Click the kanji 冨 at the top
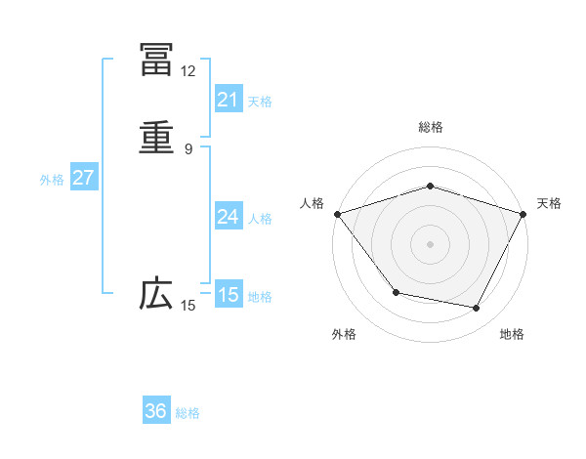(x=156, y=60)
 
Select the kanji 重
(x=156, y=138)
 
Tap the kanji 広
(x=156, y=294)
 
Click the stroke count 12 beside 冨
(x=188, y=71)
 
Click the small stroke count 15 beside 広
(x=188, y=306)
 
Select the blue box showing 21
(x=228, y=99)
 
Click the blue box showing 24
(x=228, y=216)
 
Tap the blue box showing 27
(x=83, y=178)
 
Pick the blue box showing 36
(x=156, y=411)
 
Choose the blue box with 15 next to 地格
(x=228, y=295)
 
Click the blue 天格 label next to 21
(x=260, y=102)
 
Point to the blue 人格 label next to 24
(x=260, y=219)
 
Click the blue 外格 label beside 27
(x=52, y=180)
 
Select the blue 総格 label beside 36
(x=188, y=413)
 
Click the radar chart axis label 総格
(x=431, y=127)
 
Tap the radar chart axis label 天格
(x=550, y=203)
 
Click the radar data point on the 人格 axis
(x=337, y=213)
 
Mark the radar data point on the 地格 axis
(x=477, y=309)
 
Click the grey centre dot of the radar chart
(x=431, y=243)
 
